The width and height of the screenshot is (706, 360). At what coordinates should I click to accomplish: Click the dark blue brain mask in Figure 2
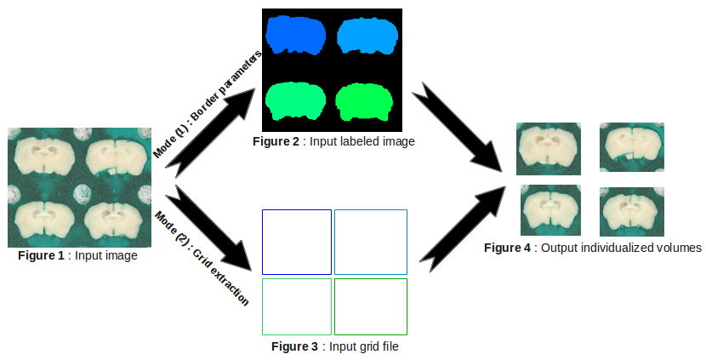295,36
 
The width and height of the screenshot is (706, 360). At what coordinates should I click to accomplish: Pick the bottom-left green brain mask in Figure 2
295,102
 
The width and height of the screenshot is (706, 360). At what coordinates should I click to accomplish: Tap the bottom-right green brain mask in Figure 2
364,102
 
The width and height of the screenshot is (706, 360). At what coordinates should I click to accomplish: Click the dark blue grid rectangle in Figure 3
296,242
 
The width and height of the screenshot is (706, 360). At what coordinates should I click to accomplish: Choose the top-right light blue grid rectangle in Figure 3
371,242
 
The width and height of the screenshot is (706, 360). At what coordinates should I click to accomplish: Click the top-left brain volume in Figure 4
549,148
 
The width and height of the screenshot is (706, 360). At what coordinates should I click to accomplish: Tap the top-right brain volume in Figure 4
631,148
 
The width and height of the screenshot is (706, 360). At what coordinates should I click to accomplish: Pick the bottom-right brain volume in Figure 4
631,210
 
